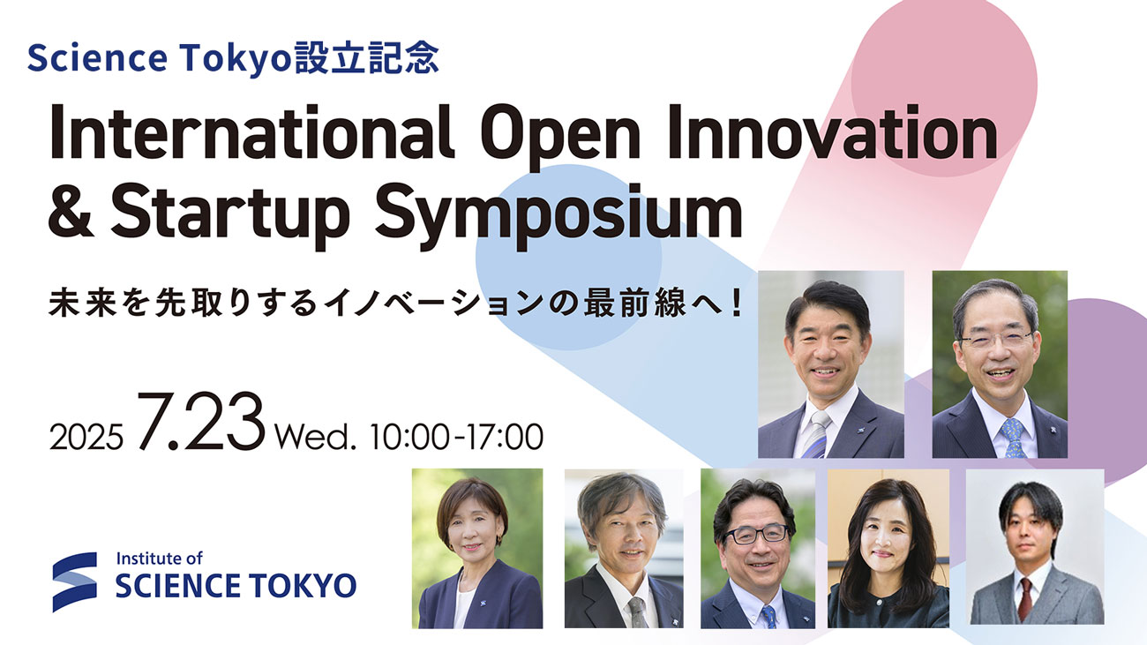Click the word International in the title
point(251,132)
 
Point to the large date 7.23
point(201,421)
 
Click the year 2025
point(86,437)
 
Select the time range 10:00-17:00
point(456,437)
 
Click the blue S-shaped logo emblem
point(75,581)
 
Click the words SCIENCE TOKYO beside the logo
point(236,586)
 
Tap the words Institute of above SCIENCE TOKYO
point(159,558)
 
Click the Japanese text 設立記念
point(367,56)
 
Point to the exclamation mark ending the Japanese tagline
point(738,303)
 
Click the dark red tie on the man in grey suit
point(1024,599)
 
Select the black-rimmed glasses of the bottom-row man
point(756,535)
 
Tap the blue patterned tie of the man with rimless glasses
point(1014,438)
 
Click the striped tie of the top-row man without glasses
point(817,435)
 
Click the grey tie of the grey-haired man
point(638,612)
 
